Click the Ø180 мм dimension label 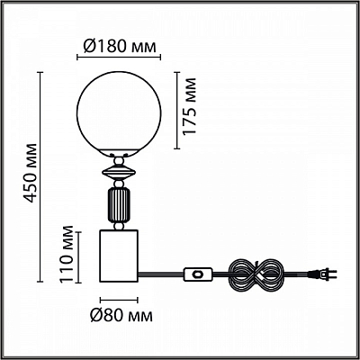click(120, 47)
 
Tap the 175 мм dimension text click(189, 106)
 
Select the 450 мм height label click(31, 173)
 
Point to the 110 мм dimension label click(66, 254)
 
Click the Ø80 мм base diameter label click(121, 315)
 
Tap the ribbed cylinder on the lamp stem click(119, 205)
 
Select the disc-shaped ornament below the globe click(119, 173)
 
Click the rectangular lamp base click(119, 256)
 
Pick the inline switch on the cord click(198, 274)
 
